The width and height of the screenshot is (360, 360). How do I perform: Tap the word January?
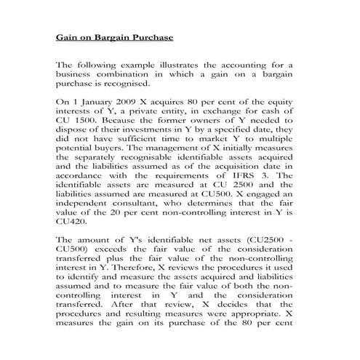tap(93, 103)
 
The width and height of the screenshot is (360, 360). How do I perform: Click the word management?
tap(166, 151)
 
